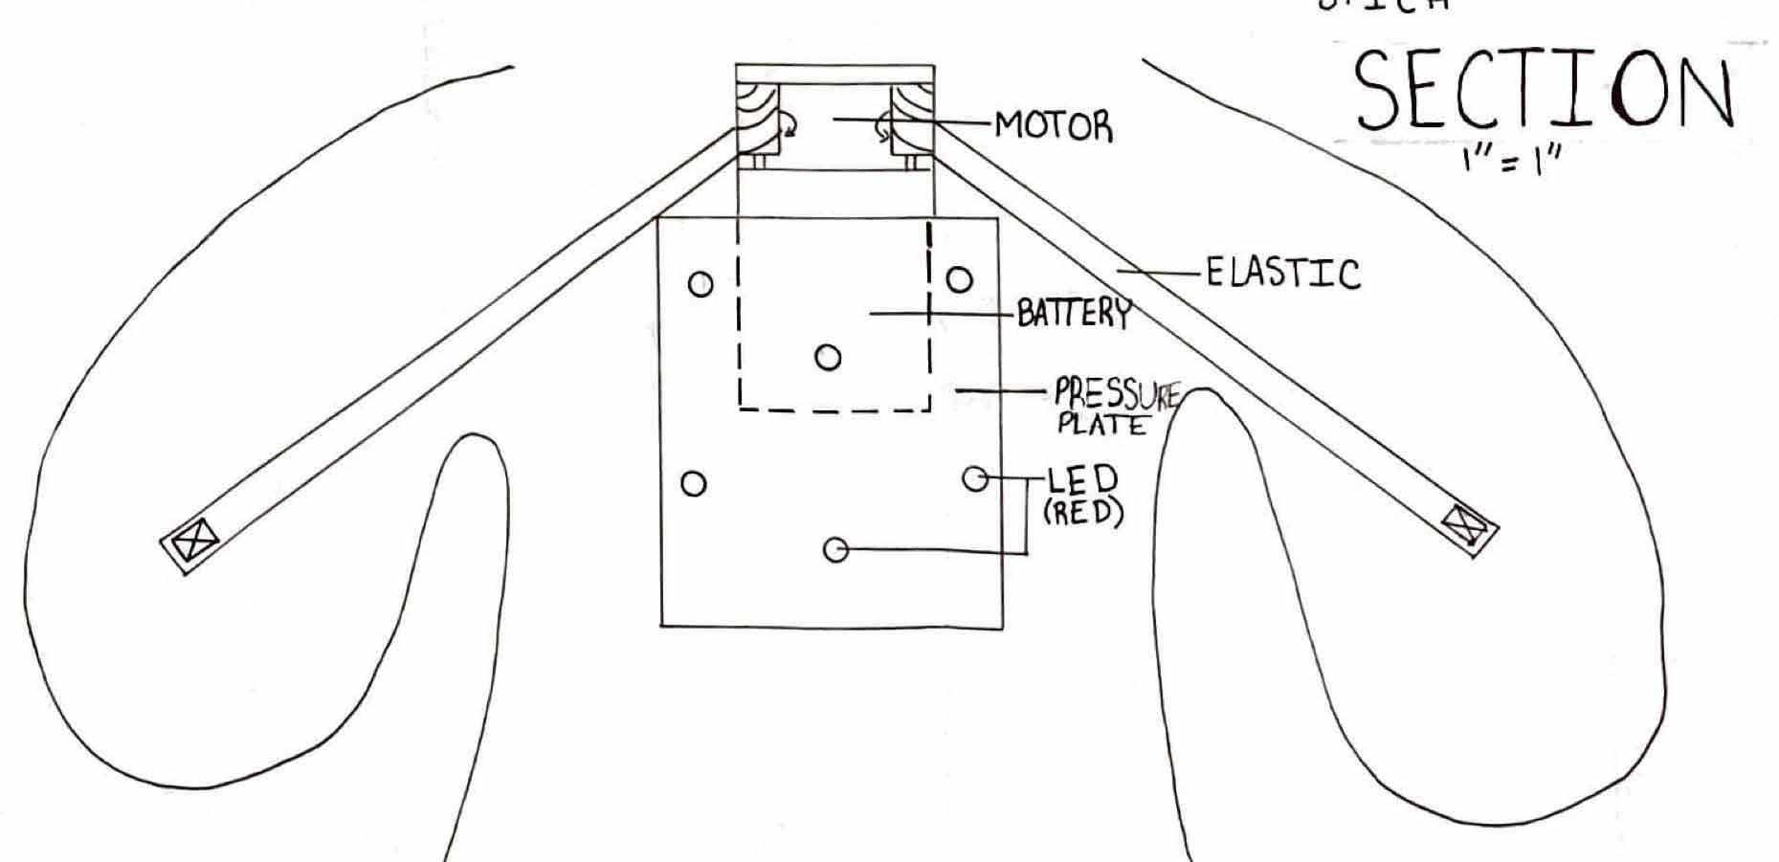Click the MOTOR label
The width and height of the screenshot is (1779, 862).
(1054, 125)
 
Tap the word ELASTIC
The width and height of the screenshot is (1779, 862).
(1281, 273)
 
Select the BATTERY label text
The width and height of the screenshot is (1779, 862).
(1073, 313)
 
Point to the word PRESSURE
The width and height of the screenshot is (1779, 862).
(1117, 394)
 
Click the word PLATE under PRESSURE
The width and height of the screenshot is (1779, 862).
(1101, 425)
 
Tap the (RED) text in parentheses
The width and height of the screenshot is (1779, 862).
(1082, 513)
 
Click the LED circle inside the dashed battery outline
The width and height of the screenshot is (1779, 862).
(829, 358)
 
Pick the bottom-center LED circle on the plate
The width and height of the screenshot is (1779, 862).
(835, 550)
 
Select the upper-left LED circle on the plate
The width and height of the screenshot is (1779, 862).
(701, 284)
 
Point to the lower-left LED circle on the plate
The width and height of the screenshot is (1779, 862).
(694, 484)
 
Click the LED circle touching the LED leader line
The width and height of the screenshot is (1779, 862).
(974, 478)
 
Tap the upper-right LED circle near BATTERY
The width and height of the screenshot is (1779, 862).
(960, 280)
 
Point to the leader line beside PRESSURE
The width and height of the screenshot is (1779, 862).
(1000, 390)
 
